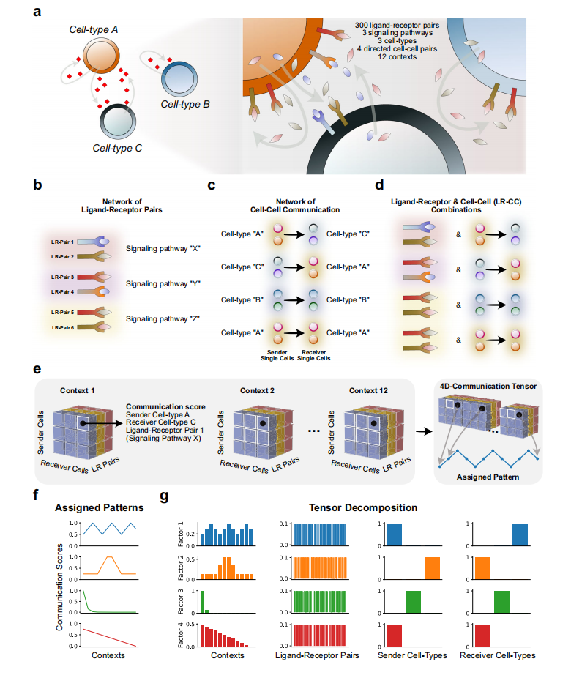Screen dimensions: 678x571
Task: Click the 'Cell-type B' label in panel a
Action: pos(185,105)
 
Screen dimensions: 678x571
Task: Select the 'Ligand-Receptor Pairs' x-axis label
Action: pos(318,655)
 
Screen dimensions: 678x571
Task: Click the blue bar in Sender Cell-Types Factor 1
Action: pos(394,534)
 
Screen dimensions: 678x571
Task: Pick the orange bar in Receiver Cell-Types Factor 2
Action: pos(482,569)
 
